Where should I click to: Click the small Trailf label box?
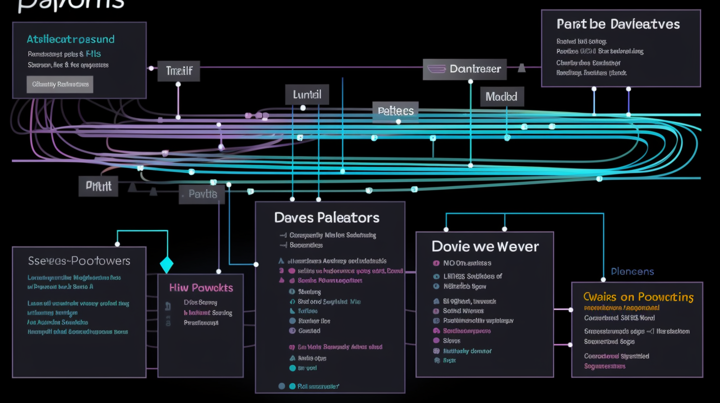179,72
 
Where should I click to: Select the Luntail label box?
307,94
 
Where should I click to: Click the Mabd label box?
502,97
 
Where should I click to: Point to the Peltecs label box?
395,111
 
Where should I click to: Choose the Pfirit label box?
98,186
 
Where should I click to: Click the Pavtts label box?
202,194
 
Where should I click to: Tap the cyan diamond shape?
167,265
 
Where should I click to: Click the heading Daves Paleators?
327,217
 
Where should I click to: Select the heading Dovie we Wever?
485,246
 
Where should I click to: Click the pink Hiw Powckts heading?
201,287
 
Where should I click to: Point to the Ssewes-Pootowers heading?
79,261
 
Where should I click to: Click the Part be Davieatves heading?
618,24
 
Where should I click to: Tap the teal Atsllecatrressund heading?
71,39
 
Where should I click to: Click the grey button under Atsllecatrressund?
60,84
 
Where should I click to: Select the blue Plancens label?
632,271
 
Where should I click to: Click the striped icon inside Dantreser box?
436,69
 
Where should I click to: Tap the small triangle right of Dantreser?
521,68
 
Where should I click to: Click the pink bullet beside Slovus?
436,341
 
